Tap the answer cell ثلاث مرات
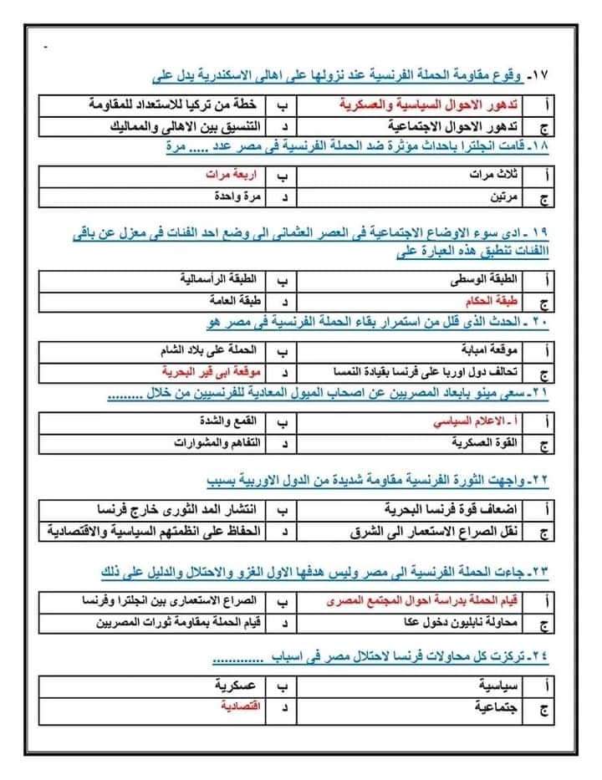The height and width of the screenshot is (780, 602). point(494,177)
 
